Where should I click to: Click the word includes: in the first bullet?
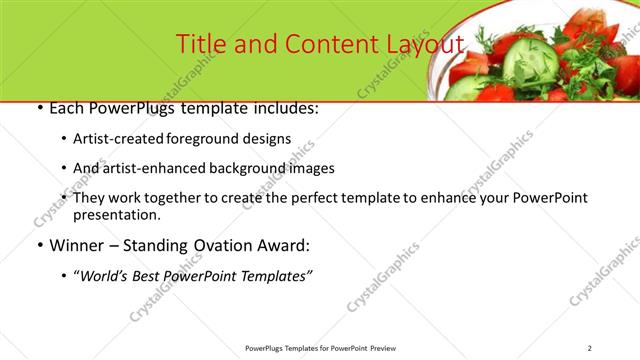pyautogui.click(x=286, y=107)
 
